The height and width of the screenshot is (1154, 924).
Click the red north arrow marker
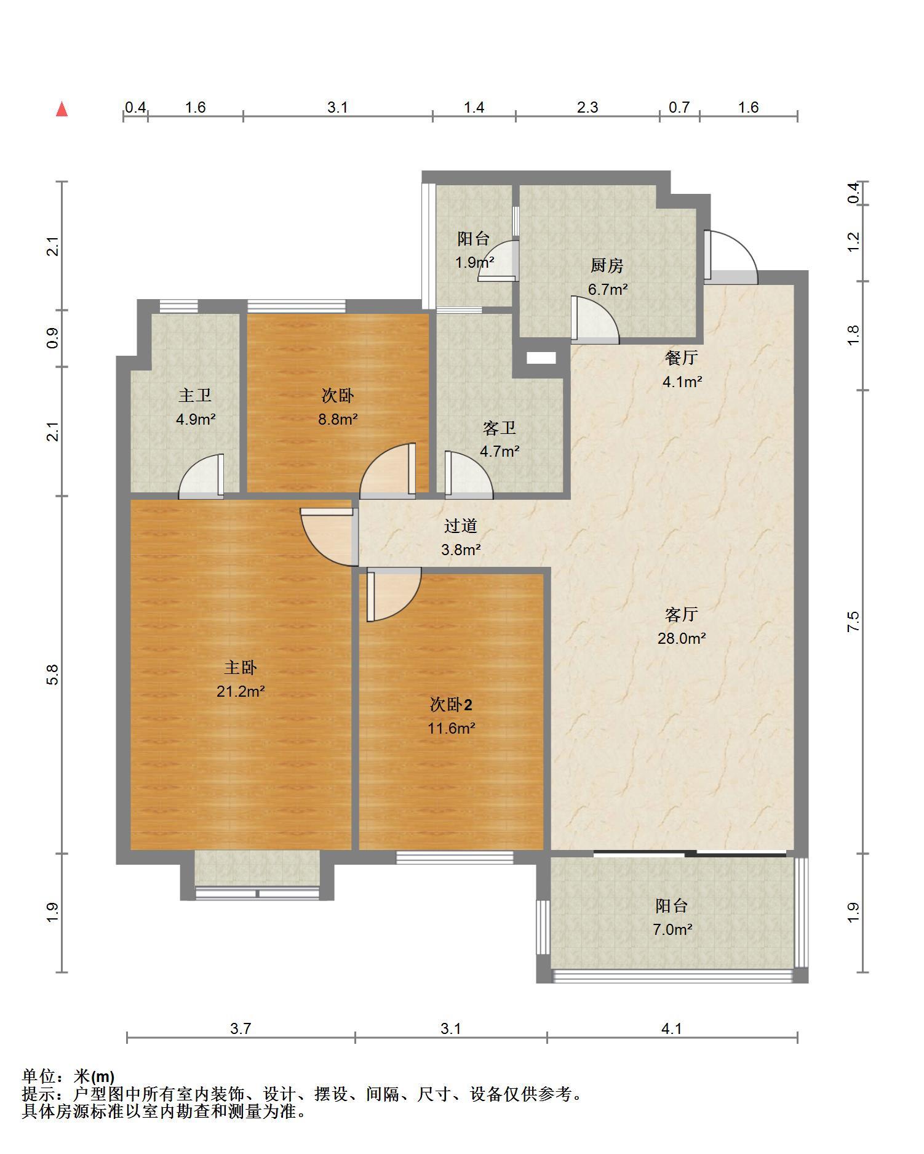click(62, 110)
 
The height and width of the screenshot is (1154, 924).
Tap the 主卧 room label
click(240, 668)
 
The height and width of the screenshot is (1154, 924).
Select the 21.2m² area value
click(241, 691)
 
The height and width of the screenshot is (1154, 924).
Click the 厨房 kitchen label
click(607, 265)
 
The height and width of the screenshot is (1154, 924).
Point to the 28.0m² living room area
click(682, 638)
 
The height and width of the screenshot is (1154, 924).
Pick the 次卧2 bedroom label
click(451, 705)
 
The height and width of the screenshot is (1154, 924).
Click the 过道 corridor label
click(461, 526)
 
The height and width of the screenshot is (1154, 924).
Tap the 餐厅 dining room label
click(682, 358)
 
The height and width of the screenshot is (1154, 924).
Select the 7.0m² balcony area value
click(672, 929)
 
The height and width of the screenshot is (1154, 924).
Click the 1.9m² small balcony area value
click(474, 263)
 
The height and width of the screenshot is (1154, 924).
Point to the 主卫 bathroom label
click(195, 395)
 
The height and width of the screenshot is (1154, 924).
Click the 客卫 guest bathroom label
click(499, 428)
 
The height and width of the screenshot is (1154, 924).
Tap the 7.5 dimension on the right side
click(853, 622)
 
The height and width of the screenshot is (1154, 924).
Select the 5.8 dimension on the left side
click(53, 675)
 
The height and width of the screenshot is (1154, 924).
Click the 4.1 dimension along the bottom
click(672, 1028)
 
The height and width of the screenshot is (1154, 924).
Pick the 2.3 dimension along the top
click(587, 108)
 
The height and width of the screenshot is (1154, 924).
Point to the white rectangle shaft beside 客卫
click(541, 358)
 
